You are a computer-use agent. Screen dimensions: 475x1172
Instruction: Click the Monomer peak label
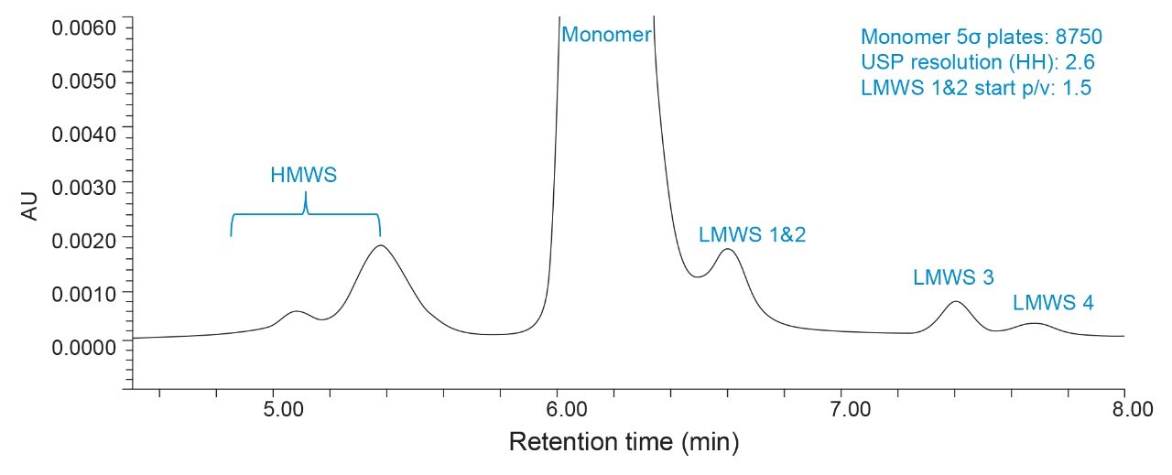(x=605, y=36)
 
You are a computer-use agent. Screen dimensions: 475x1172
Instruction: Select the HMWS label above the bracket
(x=304, y=176)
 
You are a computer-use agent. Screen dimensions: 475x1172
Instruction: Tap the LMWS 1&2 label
(x=752, y=234)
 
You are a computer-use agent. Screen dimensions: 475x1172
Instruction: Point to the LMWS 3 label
(x=953, y=277)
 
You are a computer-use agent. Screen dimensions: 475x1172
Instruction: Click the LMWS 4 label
(x=1052, y=303)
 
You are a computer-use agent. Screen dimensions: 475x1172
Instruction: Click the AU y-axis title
(x=30, y=209)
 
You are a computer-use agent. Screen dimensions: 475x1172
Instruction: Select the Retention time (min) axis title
(x=623, y=443)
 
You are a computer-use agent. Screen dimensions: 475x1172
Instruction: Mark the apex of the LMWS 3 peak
(x=955, y=302)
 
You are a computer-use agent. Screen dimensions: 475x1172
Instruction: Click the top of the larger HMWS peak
(x=379, y=245)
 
